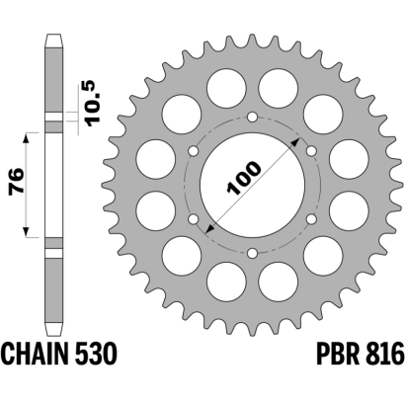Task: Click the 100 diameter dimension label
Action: [x=244, y=178]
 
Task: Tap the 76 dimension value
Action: [x=17, y=183]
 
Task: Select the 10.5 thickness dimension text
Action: [x=92, y=104]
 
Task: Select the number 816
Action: [x=383, y=354]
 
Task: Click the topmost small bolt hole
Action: [x=253, y=117]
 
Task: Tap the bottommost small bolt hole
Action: [x=253, y=253]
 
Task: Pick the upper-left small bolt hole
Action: [x=194, y=151]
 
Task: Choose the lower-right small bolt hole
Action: [x=311, y=219]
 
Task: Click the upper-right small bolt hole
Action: [x=311, y=151]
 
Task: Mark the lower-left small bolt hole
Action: [x=194, y=219]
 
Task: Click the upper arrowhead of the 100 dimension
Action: [x=295, y=142]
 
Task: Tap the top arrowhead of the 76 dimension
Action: [x=27, y=138]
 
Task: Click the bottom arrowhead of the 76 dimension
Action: [x=27, y=231]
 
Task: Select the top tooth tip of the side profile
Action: [x=53, y=35]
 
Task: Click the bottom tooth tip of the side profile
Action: [x=53, y=335]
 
